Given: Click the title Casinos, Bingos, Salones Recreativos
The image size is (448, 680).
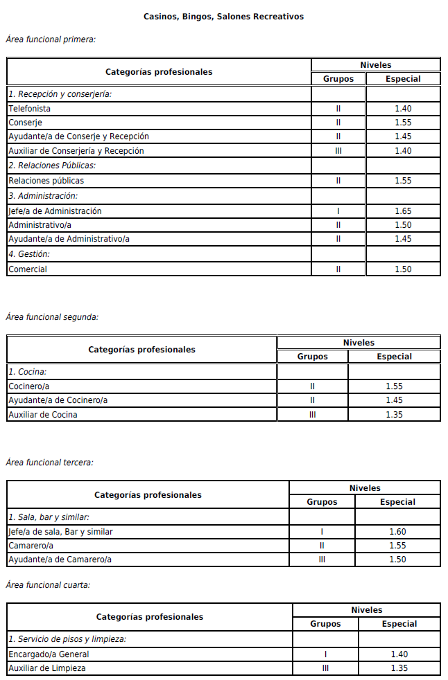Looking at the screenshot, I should (x=223, y=17).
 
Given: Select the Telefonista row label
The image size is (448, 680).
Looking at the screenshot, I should (x=29, y=109).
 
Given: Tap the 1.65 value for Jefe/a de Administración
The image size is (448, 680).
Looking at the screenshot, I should (x=403, y=211).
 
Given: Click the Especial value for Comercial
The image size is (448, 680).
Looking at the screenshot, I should (x=403, y=269).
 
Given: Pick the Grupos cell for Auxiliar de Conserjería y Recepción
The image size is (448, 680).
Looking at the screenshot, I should (x=338, y=151).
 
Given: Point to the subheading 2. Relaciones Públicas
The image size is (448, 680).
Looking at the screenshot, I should (x=52, y=165).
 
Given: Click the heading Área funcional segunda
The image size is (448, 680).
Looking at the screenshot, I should (x=52, y=317).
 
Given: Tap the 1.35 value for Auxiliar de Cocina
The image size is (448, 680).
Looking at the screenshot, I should (x=394, y=415).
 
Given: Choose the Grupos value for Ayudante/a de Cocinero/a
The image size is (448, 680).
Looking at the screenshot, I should (x=313, y=400).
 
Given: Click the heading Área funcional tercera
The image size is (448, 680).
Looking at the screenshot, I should (x=49, y=463).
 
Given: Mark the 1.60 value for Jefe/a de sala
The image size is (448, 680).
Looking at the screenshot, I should (x=398, y=532).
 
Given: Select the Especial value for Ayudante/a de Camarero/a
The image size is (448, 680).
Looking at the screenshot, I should (x=398, y=560).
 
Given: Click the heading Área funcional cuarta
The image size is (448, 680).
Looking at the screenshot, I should (x=48, y=585).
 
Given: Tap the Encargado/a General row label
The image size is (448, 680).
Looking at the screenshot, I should (x=49, y=654).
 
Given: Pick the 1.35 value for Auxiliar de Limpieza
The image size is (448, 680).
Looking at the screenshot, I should (x=399, y=668).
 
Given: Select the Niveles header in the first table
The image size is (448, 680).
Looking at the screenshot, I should (x=376, y=65).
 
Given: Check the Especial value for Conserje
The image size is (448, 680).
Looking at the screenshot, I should (x=403, y=123).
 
